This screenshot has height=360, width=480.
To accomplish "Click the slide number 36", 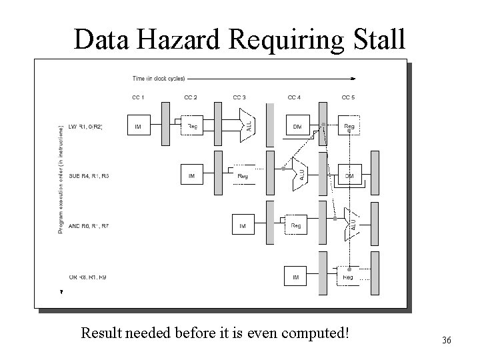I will coord(446,341).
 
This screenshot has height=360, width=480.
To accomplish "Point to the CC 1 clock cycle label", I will coord(138,97).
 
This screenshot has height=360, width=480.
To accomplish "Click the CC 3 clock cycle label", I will coord(239,97).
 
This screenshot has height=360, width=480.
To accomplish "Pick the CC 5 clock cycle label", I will coord(348,97).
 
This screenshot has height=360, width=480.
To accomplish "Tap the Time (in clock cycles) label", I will coord(159,78).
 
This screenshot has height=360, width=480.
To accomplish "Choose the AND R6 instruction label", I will coord(88,227).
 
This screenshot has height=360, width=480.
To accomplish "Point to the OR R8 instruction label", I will coord(88,277).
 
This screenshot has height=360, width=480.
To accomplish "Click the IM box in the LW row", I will coord(138,127).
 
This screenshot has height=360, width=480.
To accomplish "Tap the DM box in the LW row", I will coord(297,127).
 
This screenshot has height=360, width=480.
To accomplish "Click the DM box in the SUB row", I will coord(349,175).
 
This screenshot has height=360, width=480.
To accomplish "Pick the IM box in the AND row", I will coord(243,227).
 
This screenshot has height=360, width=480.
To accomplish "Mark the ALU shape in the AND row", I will coord(349,224).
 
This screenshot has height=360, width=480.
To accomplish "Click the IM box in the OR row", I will coord(295,277).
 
